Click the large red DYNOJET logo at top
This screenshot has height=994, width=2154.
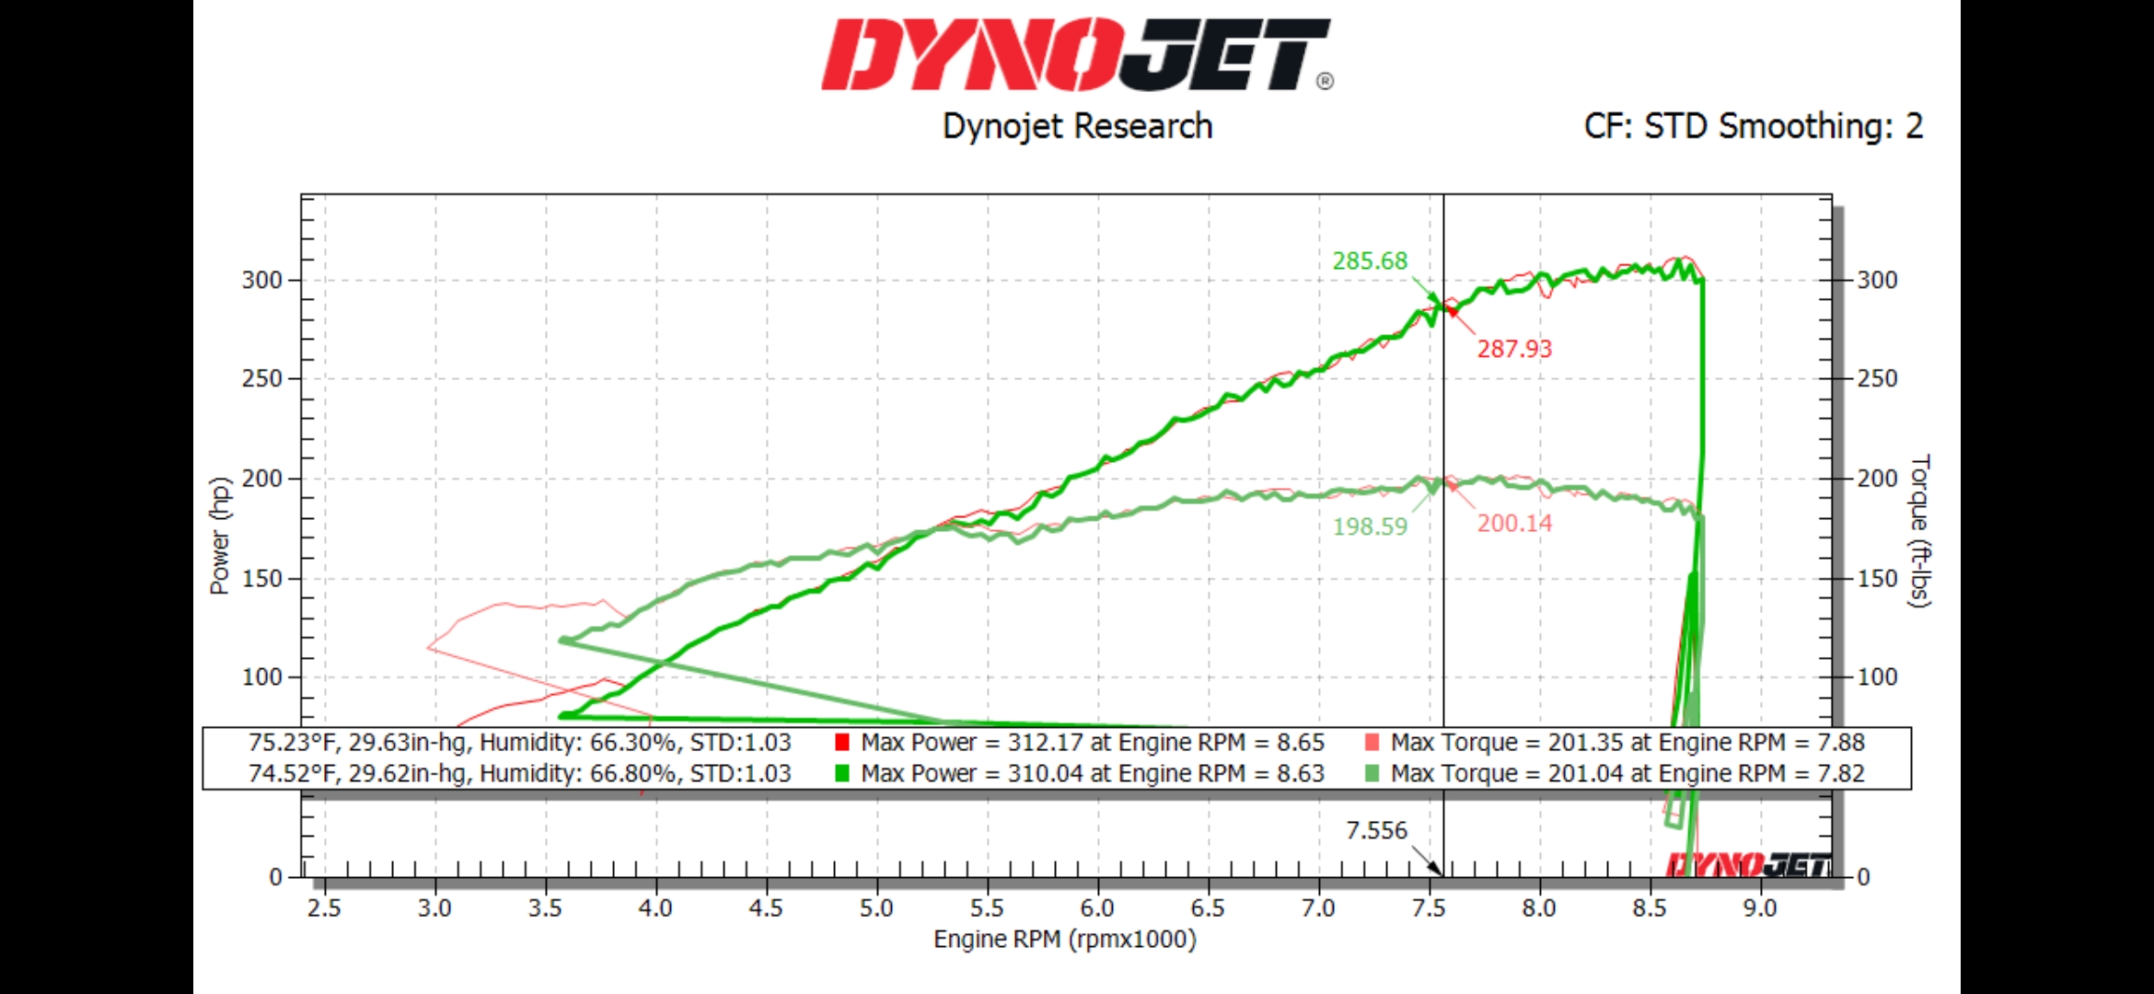1075,55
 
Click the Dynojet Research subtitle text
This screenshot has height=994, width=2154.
1077,126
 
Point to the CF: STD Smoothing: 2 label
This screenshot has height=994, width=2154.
1753,126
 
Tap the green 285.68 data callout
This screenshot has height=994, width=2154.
1370,261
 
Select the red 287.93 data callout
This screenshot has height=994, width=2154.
1514,349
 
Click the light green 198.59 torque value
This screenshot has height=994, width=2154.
1370,526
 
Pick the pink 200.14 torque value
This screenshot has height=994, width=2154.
1514,524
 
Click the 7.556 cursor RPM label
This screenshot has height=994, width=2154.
1376,830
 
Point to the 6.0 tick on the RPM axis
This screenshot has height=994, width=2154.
1097,908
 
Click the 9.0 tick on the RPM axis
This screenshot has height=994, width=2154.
1759,908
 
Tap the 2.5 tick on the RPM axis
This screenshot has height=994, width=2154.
324,908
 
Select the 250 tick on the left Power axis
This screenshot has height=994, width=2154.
261,378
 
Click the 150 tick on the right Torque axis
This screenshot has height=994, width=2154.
1877,578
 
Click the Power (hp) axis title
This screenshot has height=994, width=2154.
219,536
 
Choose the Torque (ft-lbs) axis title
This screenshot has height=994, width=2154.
1919,531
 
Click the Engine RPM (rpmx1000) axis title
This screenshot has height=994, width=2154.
1065,939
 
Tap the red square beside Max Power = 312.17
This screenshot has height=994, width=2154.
841,742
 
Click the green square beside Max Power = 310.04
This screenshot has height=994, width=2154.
841,773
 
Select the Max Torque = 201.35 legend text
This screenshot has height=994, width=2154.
1627,742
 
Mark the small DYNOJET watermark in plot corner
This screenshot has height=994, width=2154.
1747,864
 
